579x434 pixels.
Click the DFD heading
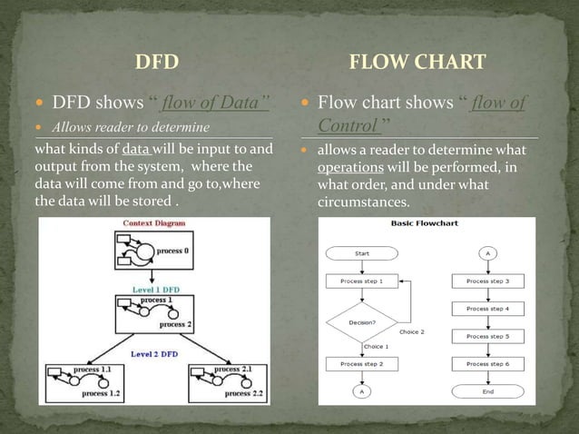(x=156, y=62)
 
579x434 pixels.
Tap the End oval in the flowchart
(x=488, y=392)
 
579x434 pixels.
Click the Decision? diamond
(x=361, y=321)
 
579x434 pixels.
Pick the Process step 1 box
(x=361, y=282)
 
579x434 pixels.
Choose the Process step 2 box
(x=361, y=364)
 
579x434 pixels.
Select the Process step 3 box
(x=488, y=282)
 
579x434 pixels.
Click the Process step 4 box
(x=488, y=310)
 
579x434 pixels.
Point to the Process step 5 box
(x=488, y=337)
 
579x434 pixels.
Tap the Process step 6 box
(x=488, y=364)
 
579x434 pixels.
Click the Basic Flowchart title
(x=425, y=222)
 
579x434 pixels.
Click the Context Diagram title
(x=156, y=222)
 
